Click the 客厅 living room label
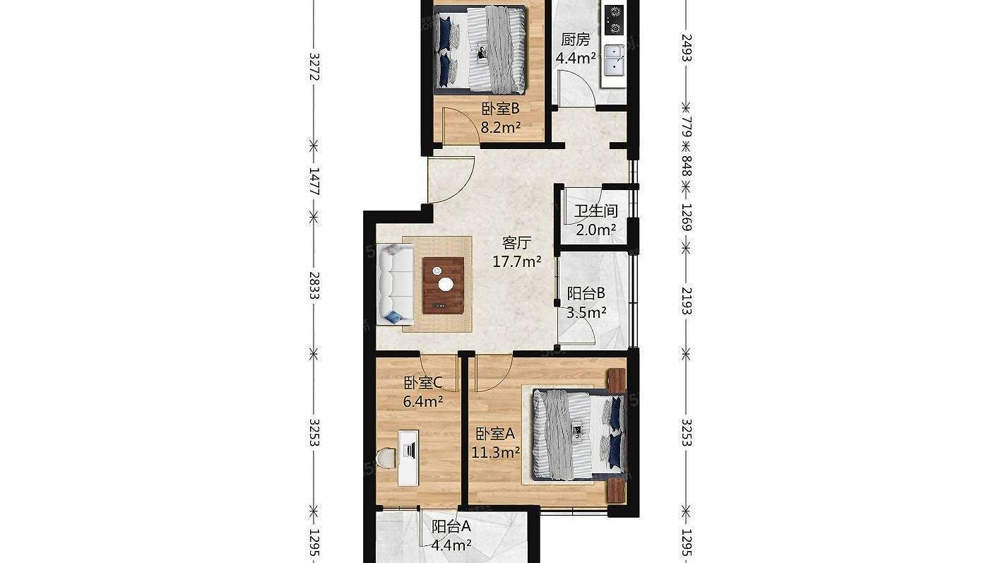517,243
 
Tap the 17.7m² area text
517,261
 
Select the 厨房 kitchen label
576,40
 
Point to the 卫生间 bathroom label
596,211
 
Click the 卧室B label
500,109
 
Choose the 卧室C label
422,383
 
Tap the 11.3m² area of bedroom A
496,452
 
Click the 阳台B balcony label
586,293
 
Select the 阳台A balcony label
451,527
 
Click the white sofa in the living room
395,284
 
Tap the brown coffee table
444,285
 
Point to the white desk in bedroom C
408,458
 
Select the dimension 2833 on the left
314,285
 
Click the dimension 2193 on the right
687,301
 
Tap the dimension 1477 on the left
314,182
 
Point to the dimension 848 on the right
687,166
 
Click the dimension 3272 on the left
314,66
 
